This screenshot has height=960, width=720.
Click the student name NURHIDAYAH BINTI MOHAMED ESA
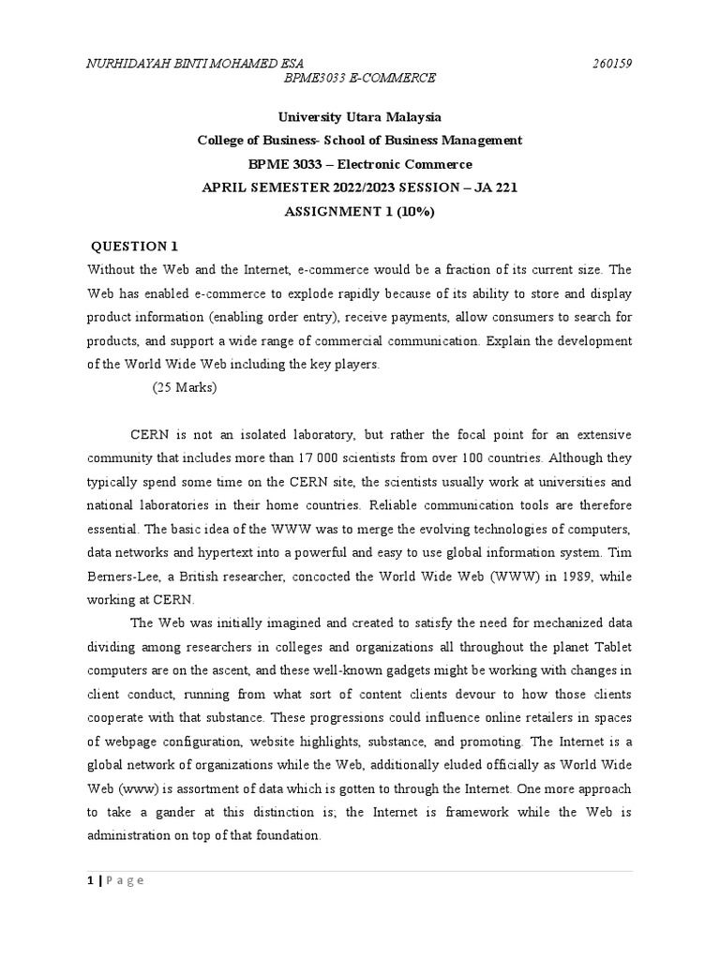pyautogui.click(x=195, y=64)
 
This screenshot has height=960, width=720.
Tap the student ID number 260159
pyautogui.click(x=612, y=64)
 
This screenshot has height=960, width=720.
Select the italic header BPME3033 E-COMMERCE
pyautogui.click(x=360, y=78)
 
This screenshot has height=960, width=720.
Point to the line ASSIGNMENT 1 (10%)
pyautogui.click(x=360, y=212)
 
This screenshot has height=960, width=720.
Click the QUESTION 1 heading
pyautogui.click(x=134, y=247)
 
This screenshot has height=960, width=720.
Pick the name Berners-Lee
pyautogui.click(x=123, y=553)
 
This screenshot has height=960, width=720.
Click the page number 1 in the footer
pyautogui.click(x=89, y=880)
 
